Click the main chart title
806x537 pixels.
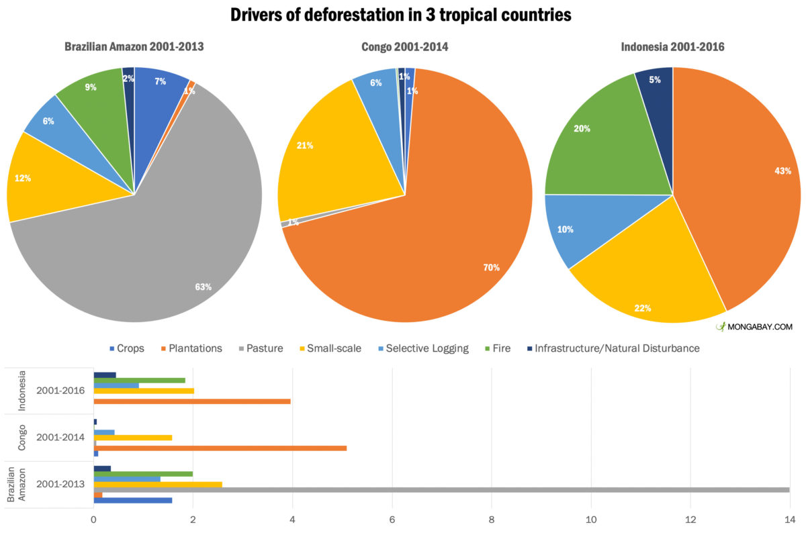point(401,15)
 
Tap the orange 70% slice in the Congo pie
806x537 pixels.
point(437,255)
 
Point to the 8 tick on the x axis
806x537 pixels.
point(492,519)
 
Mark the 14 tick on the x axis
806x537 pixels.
point(789,519)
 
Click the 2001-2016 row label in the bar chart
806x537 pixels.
point(60,391)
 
